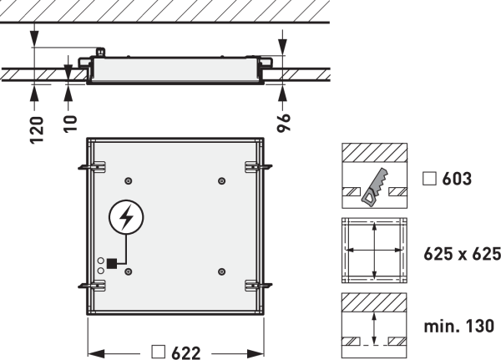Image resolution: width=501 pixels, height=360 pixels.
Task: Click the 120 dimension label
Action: click(x=37, y=130)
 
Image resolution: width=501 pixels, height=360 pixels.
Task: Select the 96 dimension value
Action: click(x=283, y=122)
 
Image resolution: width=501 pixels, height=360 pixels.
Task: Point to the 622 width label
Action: click(x=186, y=353)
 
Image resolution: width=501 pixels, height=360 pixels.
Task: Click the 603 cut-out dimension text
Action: click(x=457, y=179)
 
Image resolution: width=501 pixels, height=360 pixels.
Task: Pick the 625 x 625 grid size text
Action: click(x=462, y=254)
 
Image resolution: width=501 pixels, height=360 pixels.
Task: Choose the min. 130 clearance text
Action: click(x=458, y=327)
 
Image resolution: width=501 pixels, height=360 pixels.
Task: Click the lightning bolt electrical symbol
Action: click(x=127, y=217)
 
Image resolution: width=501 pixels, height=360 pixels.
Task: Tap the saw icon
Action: click(x=375, y=187)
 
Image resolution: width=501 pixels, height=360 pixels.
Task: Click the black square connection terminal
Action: click(x=112, y=263)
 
